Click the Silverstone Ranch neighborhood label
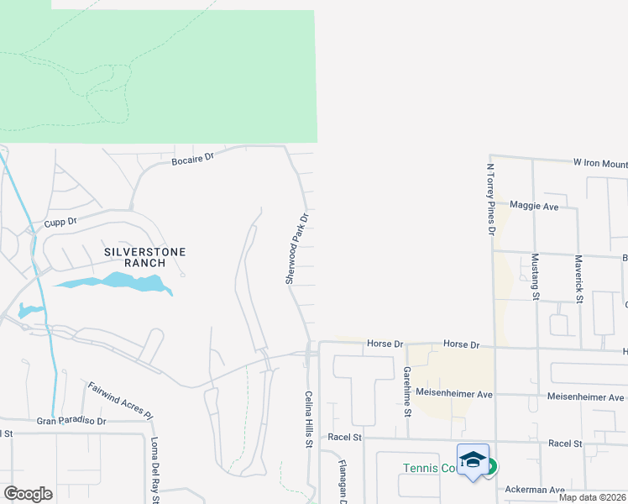point(144,257)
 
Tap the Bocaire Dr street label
point(193,157)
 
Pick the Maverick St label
point(578,278)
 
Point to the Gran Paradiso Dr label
point(71,421)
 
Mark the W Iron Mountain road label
point(599,163)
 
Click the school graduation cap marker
point(473,460)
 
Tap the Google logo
point(28,493)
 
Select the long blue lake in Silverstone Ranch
point(113,283)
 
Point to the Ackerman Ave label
point(534,489)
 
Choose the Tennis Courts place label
point(430,468)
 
